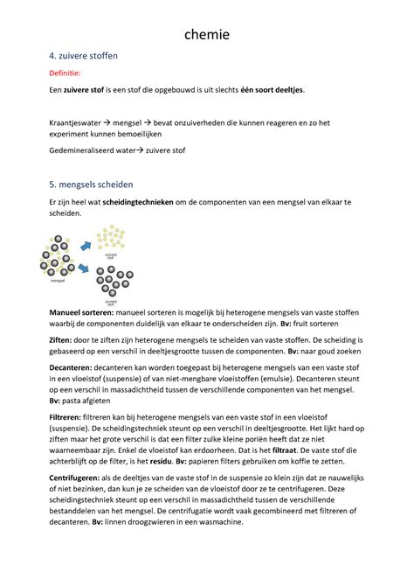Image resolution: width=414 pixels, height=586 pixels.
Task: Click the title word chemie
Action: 207,35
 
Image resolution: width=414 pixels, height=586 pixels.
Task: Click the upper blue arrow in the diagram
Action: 86,248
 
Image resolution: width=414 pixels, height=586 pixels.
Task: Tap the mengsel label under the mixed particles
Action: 59,282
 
